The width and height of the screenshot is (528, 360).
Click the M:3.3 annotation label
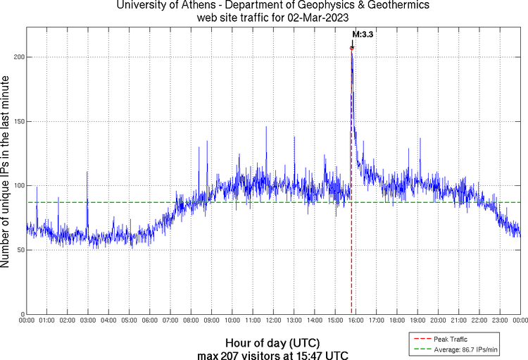point(362,34)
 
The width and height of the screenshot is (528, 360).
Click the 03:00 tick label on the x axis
point(88,321)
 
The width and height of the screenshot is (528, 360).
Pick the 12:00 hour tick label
point(273,321)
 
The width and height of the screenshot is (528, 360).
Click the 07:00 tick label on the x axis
point(170,321)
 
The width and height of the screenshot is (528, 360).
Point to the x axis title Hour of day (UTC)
point(273,341)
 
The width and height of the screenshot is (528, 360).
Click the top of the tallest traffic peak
point(351,49)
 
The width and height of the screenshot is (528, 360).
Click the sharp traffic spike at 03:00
point(87,172)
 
